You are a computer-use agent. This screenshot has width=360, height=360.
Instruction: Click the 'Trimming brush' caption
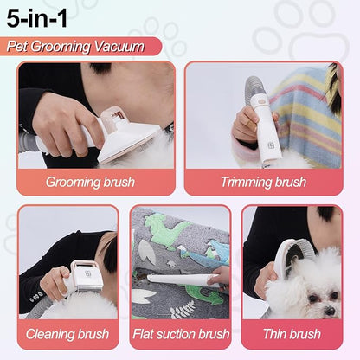pyautogui.click(x=263, y=183)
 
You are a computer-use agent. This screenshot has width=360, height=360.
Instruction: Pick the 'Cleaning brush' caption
pyautogui.click(x=67, y=334)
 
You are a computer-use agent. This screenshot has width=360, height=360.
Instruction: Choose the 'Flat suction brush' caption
pyautogui.click(x=180, y=334)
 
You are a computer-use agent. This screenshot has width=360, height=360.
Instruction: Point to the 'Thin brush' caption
pyautogui.click(x=292, y=334)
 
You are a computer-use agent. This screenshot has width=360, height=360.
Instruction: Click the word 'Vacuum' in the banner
pyautogui.click(x=120, y=46)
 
